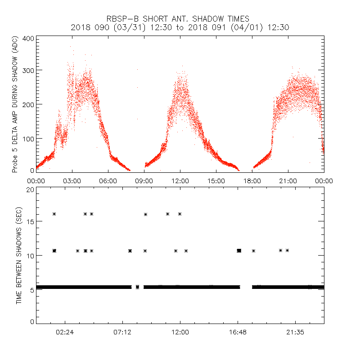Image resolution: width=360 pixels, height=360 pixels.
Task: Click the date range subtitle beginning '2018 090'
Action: tap(180, 27)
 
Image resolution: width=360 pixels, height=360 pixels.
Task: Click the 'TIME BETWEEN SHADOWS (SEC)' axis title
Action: tap(19, 256)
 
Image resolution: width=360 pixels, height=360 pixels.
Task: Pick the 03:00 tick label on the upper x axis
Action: tap(72, 181)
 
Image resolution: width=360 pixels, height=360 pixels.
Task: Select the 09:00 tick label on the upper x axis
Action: tap(144, 181)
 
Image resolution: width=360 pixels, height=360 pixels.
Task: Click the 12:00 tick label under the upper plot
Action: tap(180, 181)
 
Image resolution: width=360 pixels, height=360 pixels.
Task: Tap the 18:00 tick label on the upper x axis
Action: tap(252, 181)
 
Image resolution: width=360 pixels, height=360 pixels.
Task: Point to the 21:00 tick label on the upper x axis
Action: tap(288, 181)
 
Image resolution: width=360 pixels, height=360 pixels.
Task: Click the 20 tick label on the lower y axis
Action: tap(30, 189)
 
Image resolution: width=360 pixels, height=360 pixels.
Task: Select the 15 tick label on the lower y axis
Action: tap(30, 221)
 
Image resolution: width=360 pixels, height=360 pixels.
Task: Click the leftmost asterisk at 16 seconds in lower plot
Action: tap(54, 214)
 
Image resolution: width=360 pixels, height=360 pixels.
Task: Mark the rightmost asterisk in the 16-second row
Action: tap(180, 214)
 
